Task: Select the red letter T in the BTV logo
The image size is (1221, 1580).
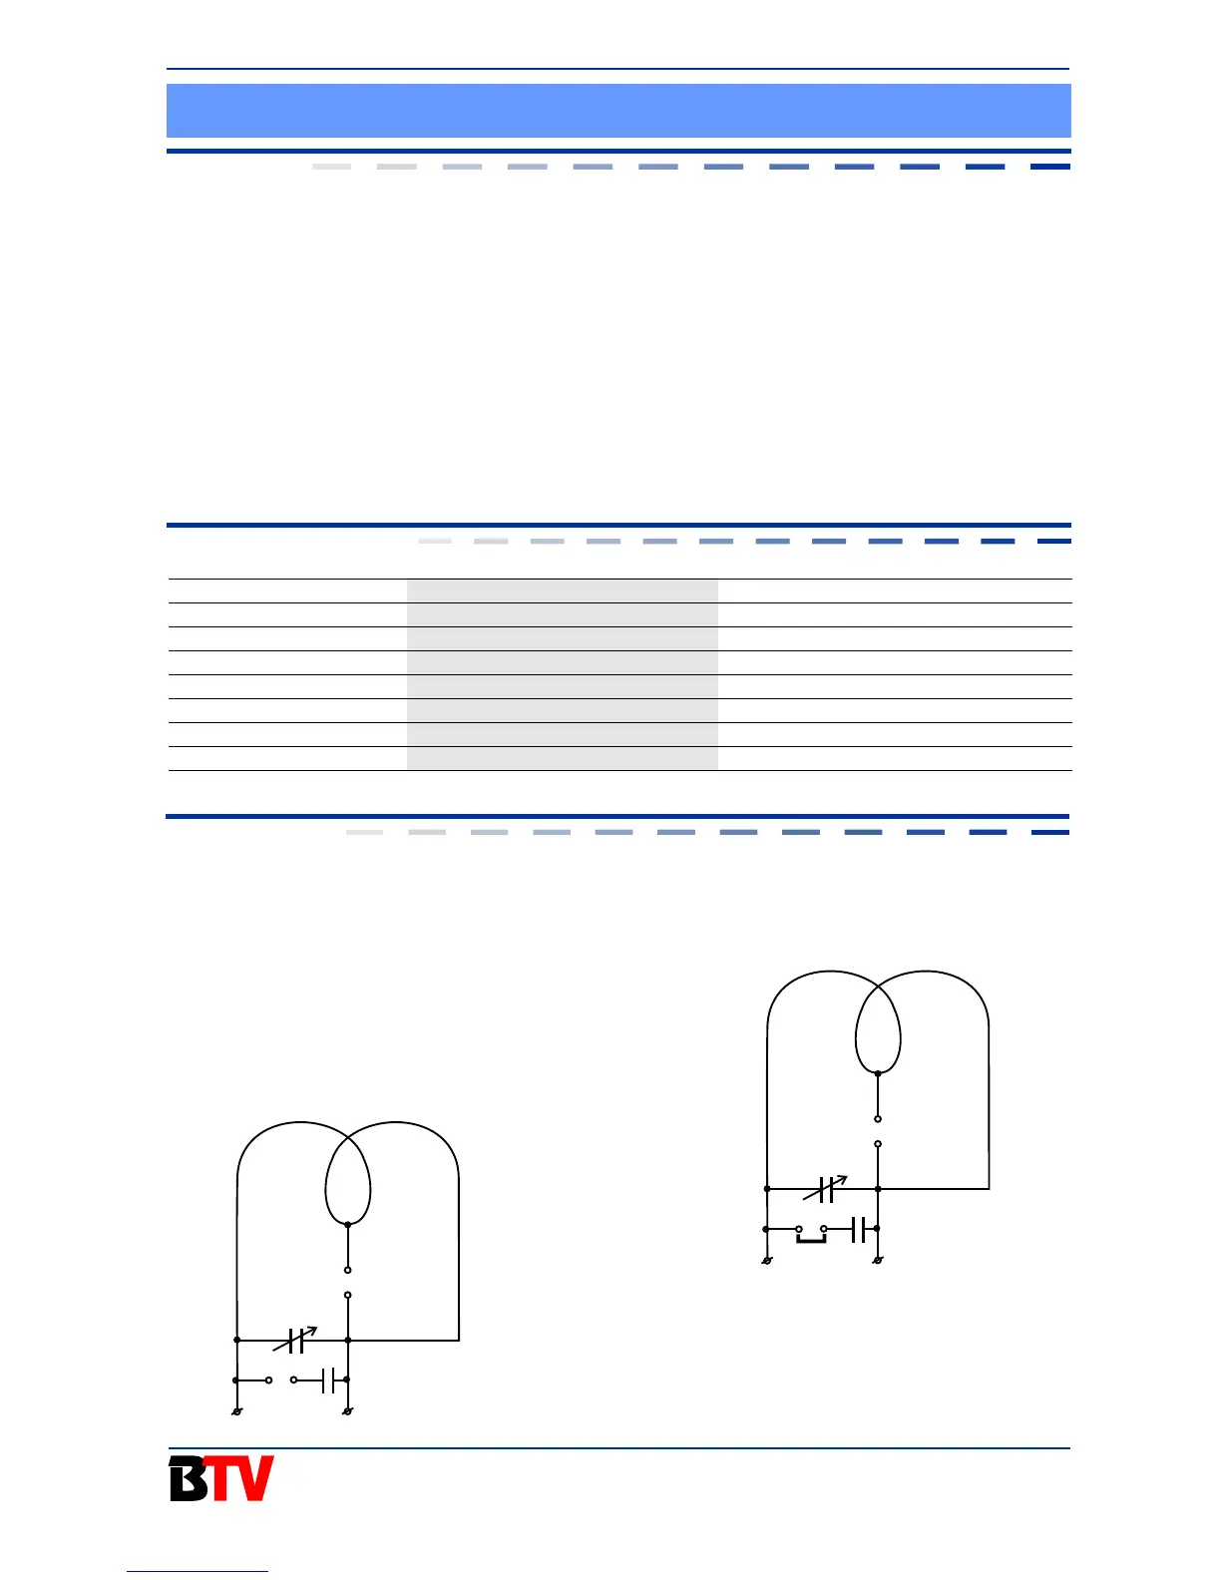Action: tap(220, 1478)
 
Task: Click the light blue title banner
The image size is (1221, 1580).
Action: tap(618, 111)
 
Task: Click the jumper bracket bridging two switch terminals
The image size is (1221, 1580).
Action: tap(811, 1239)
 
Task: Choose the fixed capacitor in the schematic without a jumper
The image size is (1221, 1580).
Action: tap(328, 1381)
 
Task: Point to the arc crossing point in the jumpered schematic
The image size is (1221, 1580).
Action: tap(878, 987)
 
